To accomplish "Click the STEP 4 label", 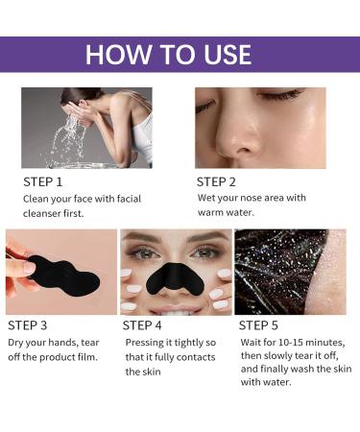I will pyautogui.click(x=147, y=325).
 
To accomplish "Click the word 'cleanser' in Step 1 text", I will pyautogui.click(x=44, y=214).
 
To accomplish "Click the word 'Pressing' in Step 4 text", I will pyautogui.click(x=143, y=343).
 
